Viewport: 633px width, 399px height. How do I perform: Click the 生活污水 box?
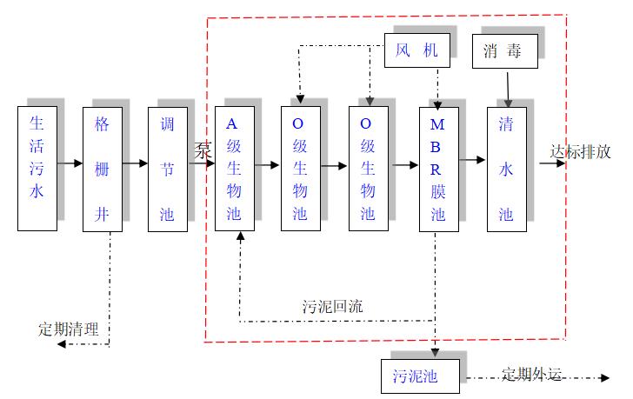pos(37,169)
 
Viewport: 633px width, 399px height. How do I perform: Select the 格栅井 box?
pos(103,169)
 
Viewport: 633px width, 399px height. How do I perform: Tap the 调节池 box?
pos(168,169)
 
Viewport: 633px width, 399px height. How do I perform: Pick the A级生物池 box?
pos(235,169)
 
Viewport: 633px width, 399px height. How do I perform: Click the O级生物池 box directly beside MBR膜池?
pos(368,169)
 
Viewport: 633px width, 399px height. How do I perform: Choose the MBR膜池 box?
pos(438,169)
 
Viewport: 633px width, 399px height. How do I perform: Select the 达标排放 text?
pos(585,150)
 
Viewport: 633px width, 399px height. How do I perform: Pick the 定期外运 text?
pos(531,375)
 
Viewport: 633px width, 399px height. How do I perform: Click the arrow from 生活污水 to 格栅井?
pos(70,163)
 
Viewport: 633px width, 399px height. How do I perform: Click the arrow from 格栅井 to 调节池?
pos(136,163)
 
